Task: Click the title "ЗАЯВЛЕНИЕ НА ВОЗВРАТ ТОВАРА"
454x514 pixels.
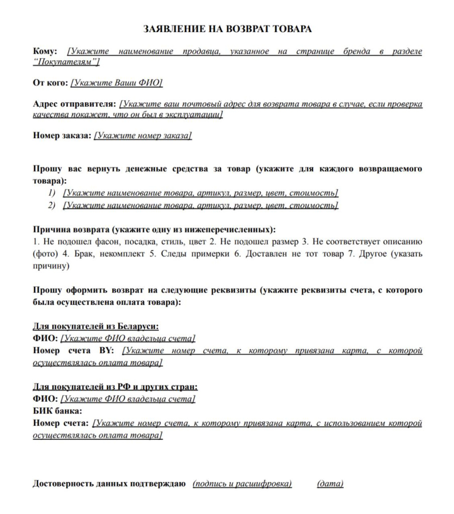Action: [x=227, y=29]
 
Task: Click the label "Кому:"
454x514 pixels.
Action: [x=45, y=51]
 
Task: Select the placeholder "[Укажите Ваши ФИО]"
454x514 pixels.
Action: [x=117, y=83]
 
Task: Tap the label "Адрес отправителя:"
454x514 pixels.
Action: [x=74, y=104]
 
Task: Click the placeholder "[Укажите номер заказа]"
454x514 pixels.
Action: [x=143, y=136]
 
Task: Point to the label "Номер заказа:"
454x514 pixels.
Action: [x=62, y=136]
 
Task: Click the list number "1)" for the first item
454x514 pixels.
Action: [x=53, y=193]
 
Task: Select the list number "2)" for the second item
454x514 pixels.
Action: [x=53, y=205]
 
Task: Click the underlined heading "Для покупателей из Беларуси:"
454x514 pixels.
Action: [x=96, y=326]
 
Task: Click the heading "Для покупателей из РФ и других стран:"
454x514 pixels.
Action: [x=115, y=387]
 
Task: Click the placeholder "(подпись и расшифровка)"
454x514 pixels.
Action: [x=242, y=484]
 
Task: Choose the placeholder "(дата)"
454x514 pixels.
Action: [x=330, y=484]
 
